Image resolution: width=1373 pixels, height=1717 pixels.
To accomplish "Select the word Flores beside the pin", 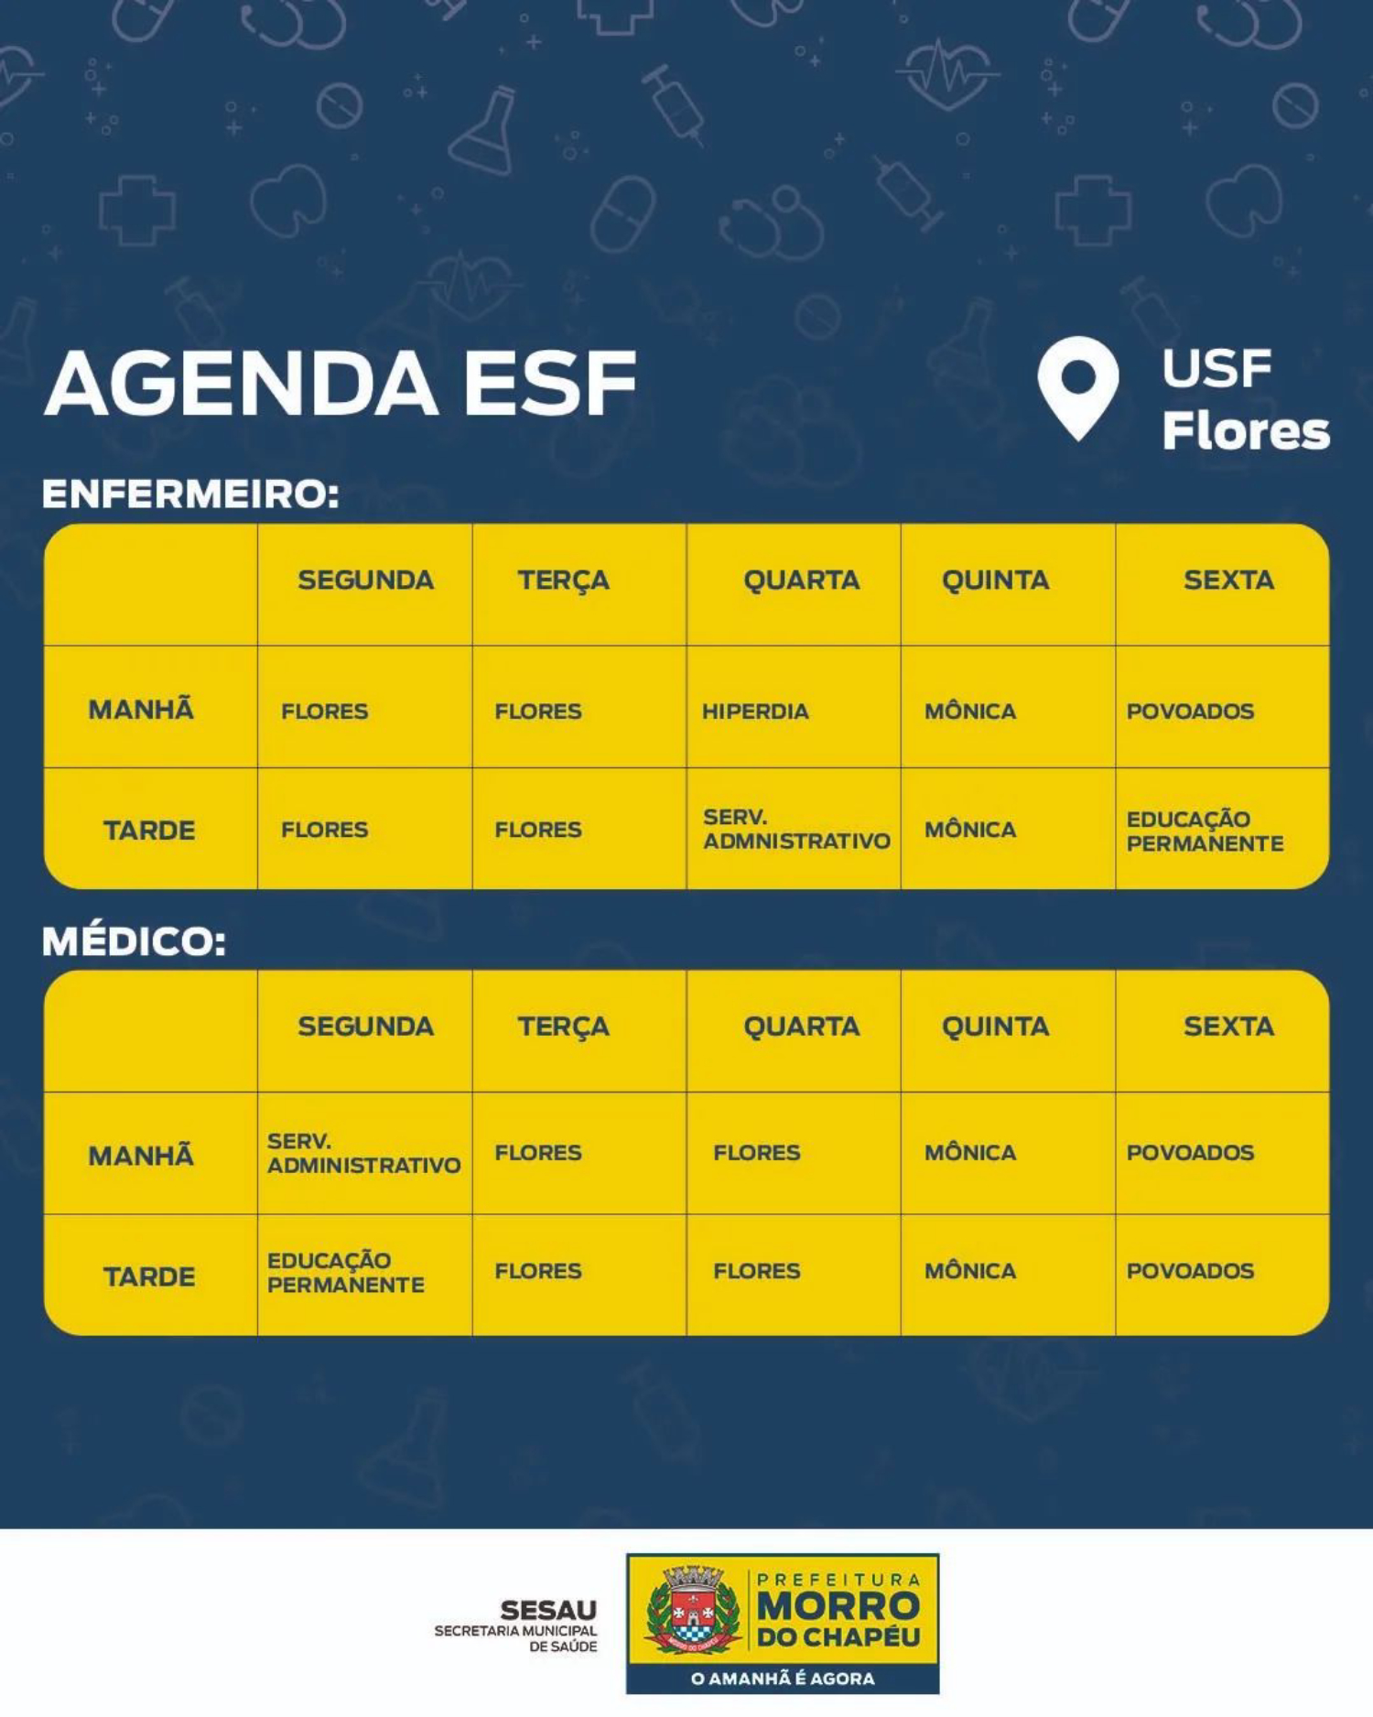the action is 1246,430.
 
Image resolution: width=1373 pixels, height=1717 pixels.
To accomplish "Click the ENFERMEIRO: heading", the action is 190,494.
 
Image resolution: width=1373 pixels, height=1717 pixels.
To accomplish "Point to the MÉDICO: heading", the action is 135,941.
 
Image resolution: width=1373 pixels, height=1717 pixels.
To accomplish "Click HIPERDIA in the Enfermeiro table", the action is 755,712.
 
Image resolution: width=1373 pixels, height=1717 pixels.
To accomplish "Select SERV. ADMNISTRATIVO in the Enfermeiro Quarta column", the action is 796,829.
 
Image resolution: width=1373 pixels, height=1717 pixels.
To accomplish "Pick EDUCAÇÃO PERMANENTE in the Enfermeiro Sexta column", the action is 1205,831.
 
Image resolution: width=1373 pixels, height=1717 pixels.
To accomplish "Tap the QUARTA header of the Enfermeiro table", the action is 801,581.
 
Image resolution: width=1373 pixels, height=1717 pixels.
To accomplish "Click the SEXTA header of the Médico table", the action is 1228,1027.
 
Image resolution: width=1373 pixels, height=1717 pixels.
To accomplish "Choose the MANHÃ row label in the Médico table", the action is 141,1156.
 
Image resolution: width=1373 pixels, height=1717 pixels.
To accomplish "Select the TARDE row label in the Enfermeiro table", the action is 149,831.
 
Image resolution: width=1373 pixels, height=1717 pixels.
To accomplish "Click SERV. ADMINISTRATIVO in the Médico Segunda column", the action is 363,1154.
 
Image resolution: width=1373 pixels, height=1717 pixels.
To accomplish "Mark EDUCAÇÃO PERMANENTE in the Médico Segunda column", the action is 345,1273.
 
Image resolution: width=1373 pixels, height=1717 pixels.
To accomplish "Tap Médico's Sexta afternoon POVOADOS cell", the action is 1190,1271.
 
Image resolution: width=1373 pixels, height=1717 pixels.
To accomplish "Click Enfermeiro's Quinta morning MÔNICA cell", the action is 970,712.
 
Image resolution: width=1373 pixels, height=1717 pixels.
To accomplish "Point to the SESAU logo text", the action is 548,1610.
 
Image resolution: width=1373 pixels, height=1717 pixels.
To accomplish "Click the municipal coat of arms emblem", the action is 693,1609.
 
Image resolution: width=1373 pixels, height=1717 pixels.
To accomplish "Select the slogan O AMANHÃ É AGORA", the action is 783,1679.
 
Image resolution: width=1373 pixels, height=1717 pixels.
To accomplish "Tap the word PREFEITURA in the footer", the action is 838,1580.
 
